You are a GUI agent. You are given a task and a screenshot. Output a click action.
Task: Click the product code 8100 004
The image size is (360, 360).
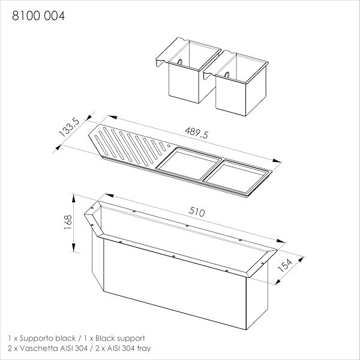pos(38,16)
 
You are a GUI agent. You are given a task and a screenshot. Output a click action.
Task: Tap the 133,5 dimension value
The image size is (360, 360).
pos(69,127)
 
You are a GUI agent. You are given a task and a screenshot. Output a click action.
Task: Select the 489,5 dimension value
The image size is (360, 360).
pos(197,133)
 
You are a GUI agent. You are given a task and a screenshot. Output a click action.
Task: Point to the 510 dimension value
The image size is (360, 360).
pos(197,212)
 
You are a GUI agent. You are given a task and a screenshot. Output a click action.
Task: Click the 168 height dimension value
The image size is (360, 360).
pos(68,222)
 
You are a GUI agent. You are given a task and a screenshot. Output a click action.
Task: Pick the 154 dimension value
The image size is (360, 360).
pos(284,265)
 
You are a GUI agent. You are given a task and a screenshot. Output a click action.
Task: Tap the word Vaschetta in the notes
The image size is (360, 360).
pos(39,348)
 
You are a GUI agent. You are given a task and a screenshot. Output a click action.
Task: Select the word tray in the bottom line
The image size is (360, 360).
pos(144,349)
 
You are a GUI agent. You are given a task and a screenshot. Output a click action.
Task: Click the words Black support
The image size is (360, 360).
pos(120,338)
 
